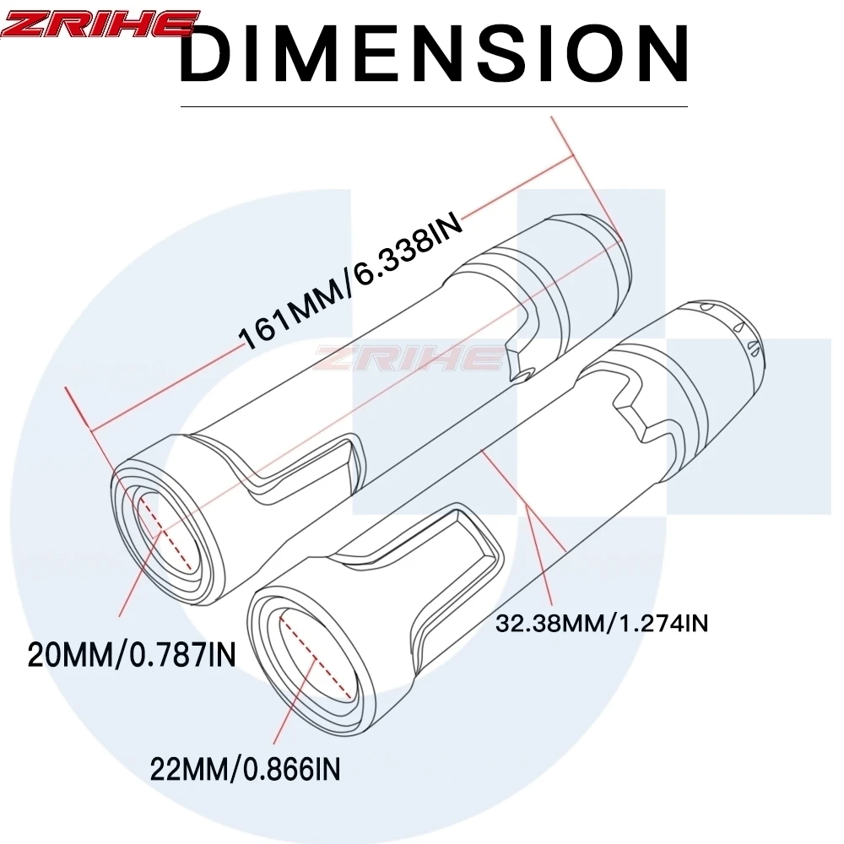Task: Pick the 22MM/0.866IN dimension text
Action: click(245, 769)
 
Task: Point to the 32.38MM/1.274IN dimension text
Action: click(601, 624)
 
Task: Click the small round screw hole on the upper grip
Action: click(522, 374)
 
